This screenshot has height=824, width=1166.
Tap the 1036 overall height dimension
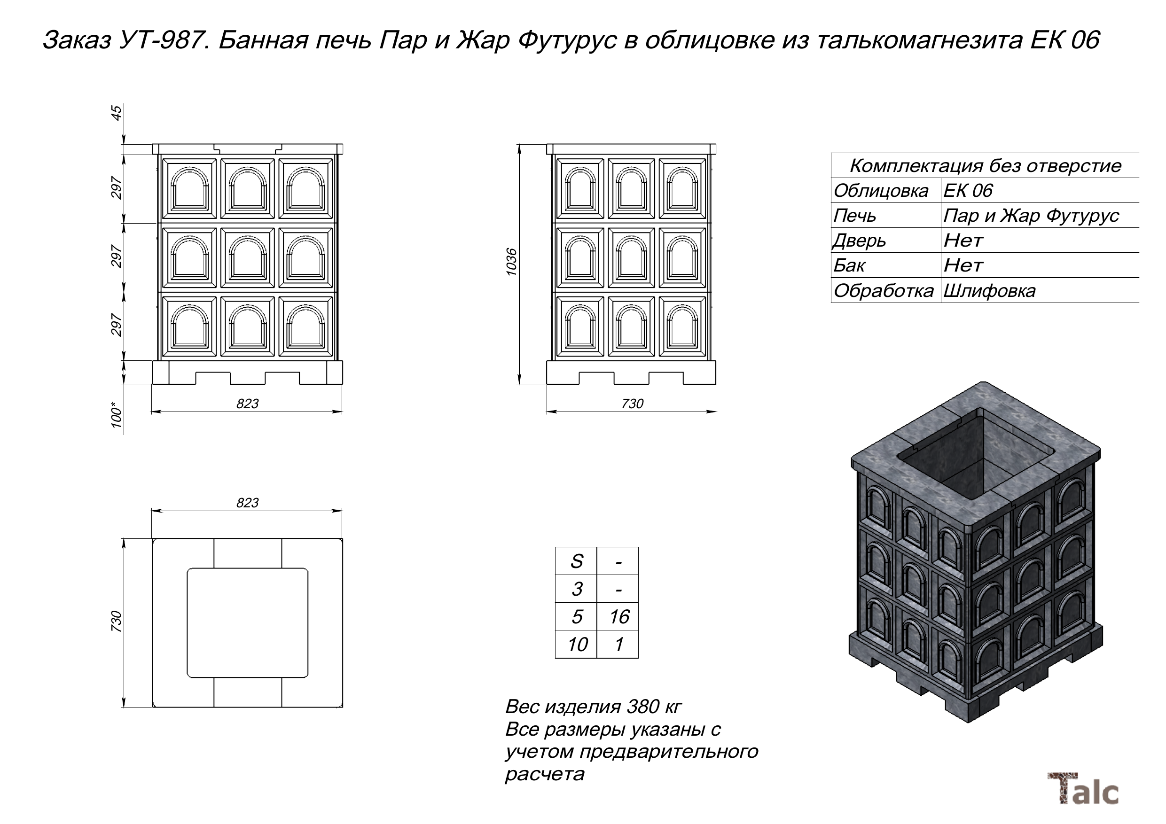(x=511, y=262)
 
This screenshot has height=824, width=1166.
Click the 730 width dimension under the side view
(x=632, y=404)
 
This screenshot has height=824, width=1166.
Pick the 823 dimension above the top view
(x=247, y=503)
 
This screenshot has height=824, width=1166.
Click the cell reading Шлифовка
(x=989, y=291)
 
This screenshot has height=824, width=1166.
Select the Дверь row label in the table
(x=859, y=241)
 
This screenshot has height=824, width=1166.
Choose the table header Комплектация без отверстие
(x=985, y=166)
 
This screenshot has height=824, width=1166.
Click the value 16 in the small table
(x=618, y=617)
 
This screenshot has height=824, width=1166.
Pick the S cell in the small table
(x=576, y=561)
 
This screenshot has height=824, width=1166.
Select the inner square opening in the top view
(x=247, y=622)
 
